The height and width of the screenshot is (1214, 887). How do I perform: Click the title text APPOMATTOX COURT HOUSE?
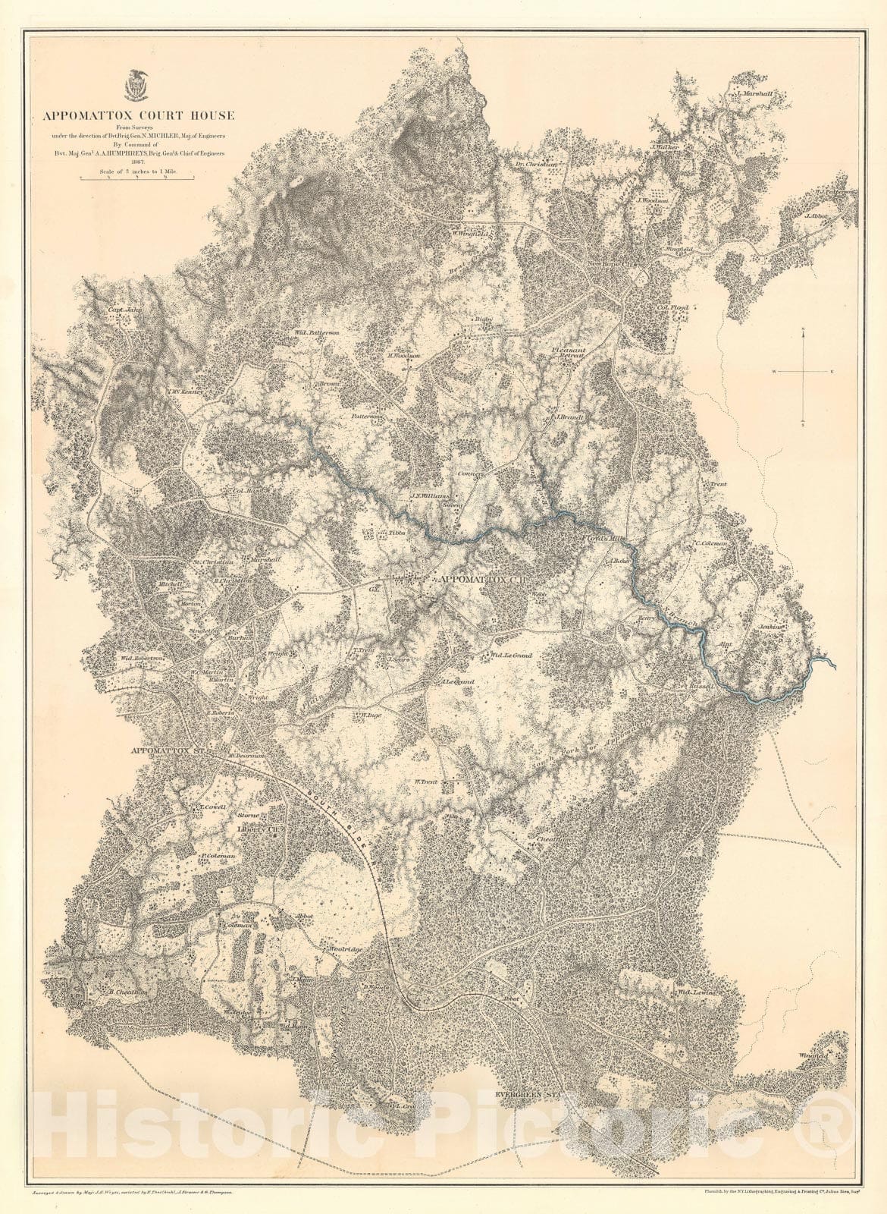point(139,116)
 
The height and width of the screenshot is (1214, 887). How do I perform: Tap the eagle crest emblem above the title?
point(137,86)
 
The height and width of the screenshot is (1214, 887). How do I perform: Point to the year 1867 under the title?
point(137,162)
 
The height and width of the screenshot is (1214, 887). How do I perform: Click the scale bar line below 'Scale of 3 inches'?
point(137,178)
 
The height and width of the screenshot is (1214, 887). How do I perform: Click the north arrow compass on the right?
point(804,372)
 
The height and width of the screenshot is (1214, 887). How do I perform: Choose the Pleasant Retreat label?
point(570,351)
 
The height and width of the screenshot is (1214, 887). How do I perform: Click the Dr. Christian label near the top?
point(536,163)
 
